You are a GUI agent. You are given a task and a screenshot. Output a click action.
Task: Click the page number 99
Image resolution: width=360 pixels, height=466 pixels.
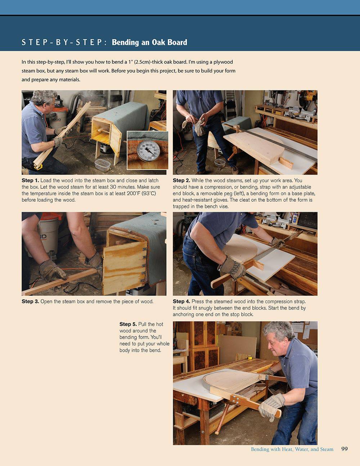[x=344, y=449]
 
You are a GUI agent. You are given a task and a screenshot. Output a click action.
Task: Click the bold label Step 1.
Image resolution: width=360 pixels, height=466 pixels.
[x=30, y=180]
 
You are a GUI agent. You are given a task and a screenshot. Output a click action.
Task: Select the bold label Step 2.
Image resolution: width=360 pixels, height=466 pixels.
[x=181, y=180]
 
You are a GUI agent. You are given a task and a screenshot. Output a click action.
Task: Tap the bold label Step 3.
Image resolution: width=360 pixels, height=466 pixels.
[x=30, y=301]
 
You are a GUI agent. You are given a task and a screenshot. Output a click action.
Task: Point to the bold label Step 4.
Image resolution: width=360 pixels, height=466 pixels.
[x=181, y=301]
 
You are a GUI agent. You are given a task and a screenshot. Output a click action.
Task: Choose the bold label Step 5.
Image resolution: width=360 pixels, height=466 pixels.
[x=128, y=324]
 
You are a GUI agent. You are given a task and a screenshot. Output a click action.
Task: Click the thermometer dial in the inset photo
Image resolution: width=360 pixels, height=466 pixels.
[x=148, y=151]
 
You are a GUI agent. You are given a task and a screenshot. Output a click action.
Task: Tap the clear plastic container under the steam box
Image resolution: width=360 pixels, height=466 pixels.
[x=103, y=165]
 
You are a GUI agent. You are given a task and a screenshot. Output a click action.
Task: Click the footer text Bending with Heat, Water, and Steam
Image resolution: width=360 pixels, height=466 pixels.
[x=292, y=449]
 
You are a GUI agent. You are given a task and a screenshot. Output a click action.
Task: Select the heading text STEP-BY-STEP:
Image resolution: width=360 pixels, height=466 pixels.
[x=64, y=42]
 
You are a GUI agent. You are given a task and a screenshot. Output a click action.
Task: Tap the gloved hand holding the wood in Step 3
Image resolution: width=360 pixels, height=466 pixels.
[x=52, y=271]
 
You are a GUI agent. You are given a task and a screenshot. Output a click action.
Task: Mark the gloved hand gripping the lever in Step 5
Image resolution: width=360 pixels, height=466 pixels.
[x=271, y=405]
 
